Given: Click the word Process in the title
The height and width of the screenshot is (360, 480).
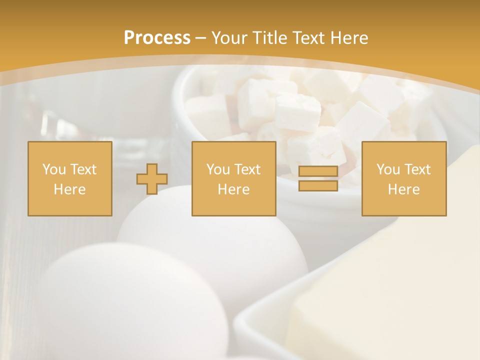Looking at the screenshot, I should coord(157,38).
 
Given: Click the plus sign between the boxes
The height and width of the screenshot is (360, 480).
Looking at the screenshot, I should coord(152,179).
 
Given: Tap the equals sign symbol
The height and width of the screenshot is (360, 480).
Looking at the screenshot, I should coord(318,178).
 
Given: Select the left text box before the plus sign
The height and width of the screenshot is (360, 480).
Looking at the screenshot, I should coord(70,179).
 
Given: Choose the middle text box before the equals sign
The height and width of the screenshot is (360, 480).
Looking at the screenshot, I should coord(234,179).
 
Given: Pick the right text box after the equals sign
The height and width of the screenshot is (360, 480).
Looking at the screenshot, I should coord(404,179).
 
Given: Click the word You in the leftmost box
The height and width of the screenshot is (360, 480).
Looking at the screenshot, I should coord(53,169).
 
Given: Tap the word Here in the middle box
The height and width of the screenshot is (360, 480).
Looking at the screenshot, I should coord(234,189).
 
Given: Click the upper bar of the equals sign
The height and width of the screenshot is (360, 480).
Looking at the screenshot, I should coord(318,171).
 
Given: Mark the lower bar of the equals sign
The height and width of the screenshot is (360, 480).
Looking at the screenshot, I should coord(318,185).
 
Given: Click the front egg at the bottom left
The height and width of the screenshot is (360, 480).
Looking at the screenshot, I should coord(130,305).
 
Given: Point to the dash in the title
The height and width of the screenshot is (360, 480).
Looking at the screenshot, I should coord(201,38).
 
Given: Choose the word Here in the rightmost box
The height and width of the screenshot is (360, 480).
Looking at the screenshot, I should coord(404,189).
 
